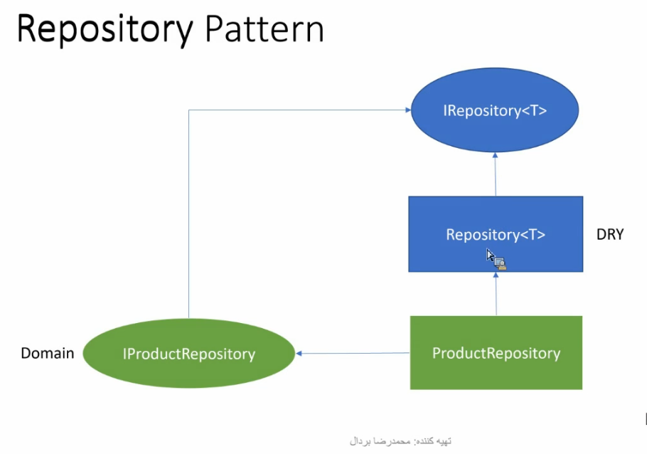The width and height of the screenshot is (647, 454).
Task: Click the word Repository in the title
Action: click(x=105, y=30)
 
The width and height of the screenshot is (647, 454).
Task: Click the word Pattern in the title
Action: click(x=264, y=28)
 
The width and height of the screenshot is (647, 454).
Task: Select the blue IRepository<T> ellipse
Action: click(x=495, y=110)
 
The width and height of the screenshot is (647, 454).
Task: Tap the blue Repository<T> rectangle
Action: click(x=496, y=234)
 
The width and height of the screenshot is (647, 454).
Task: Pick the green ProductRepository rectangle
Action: click(x=496, y=353)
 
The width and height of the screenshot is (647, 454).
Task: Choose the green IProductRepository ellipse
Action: click(x=189, y=353)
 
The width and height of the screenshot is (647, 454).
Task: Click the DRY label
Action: click(x=610, y=235)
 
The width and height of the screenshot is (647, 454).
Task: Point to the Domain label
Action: click(x=48, y=353)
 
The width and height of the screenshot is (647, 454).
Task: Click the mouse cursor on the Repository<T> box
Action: click(x=496, y=260)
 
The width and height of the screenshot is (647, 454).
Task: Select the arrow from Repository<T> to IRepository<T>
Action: click(x=495, y=174)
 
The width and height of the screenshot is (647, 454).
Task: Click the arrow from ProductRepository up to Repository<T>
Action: click(x=496, y=294)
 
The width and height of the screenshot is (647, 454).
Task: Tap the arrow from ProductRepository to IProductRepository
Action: click(x=353, y=353)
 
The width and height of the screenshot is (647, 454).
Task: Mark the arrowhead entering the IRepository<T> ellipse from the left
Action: click(x=408, y=110)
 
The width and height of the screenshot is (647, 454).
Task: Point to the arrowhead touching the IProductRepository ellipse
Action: click(x=299, y=353)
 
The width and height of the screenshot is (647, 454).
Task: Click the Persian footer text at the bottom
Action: click(x=400, y=441)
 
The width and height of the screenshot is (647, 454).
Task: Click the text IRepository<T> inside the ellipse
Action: click(x=495, y=111)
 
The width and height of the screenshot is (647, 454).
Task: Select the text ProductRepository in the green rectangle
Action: click(x=496, y=353)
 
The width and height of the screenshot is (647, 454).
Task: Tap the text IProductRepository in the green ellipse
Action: click(x=189, y=354)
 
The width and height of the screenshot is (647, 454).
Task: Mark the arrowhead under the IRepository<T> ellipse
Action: click(x=495, y=155)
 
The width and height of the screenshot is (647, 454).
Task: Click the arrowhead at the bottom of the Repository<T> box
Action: click(x=496, y=275)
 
